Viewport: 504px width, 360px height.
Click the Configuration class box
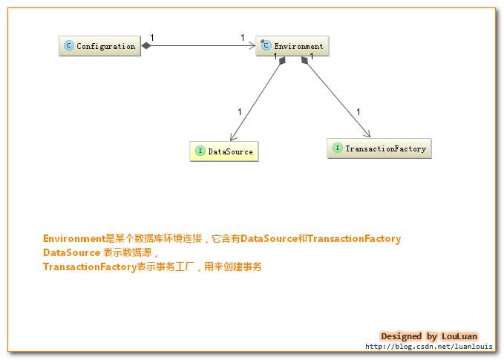point(99,46)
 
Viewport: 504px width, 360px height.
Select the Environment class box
point(292,46)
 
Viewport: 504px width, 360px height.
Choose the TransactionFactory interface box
point(379,148)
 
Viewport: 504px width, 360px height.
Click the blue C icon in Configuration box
point(69,46)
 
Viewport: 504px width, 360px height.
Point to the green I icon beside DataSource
point(200,151)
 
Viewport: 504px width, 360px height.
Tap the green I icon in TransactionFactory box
point(338,148)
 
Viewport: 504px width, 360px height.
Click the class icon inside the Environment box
point(265,46)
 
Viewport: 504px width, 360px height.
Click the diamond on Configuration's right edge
point(146,46)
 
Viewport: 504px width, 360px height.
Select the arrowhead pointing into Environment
point(252,46)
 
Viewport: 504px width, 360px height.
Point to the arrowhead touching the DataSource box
point(232,137)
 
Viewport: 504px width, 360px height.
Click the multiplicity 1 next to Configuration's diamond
point(152,37)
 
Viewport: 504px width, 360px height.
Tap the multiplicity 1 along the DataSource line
point(239,112)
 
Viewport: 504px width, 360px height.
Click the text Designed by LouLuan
point(428,336)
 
